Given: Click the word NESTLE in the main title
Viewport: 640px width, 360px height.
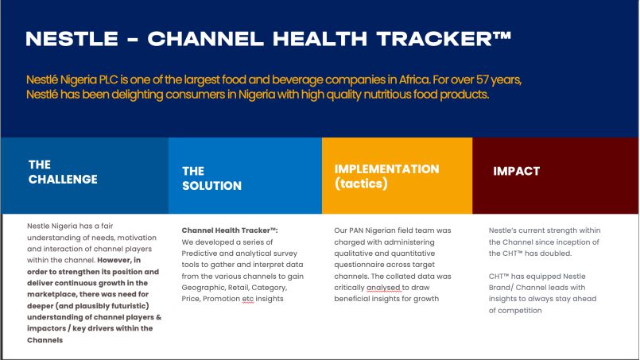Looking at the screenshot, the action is click(72, 39).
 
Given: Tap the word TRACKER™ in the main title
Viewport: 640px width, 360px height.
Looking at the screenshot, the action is click(444, 39).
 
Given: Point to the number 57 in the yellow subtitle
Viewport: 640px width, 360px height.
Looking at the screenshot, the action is click(483, 79).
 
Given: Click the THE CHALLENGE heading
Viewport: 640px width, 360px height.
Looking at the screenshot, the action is click(63, 172).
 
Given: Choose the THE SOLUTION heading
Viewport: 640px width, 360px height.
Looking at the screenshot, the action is click(211, 178).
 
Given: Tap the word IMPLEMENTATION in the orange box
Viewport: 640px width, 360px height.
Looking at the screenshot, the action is click(386, 169).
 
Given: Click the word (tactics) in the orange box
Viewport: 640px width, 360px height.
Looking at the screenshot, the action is click(361, 184).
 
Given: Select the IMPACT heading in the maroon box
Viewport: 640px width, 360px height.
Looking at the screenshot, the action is click(516, 171).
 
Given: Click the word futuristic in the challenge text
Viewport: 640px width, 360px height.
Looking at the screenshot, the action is click(128, 306).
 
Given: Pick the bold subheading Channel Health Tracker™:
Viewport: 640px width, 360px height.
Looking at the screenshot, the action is click(230, 230).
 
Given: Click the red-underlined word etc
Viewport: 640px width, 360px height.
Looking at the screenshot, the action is click(248, 299).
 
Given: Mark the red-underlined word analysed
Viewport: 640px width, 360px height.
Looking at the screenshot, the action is click(384, 288).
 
